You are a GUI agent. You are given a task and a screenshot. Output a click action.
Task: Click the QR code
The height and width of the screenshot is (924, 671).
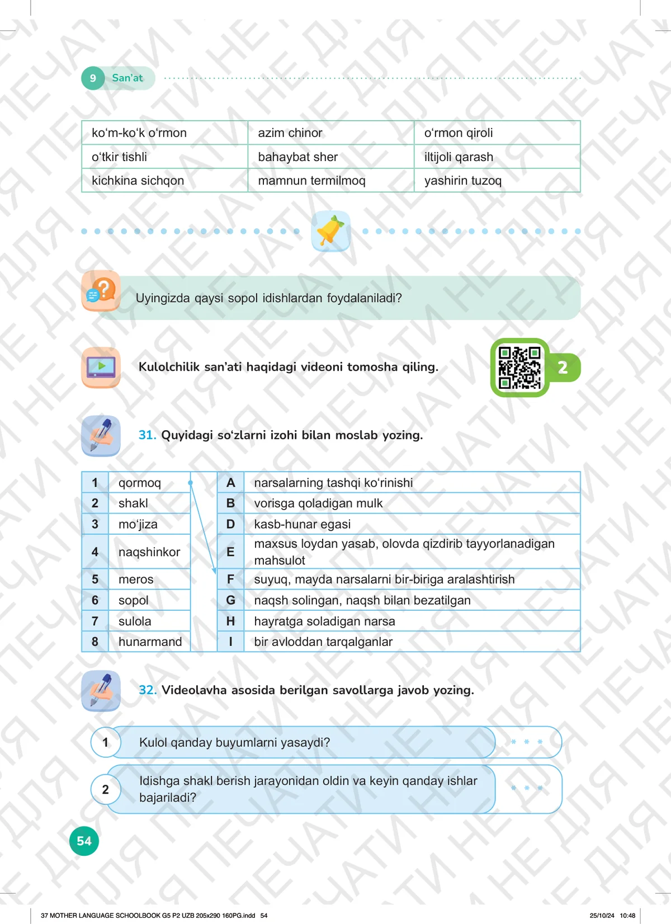pos(519,367)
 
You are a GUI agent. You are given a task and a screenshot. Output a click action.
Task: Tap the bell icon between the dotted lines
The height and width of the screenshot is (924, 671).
pos(330,231)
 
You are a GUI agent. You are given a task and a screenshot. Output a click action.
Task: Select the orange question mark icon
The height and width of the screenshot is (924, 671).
pos(101,291)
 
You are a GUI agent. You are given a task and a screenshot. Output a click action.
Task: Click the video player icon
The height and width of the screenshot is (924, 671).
pos(101,367)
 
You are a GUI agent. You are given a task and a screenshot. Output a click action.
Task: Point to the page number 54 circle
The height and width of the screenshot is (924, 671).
pos(84,841)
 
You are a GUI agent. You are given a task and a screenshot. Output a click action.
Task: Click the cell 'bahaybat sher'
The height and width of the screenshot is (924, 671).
pos(297,157)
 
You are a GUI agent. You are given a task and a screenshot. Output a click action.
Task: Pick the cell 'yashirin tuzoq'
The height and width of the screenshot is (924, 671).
pos(462,181)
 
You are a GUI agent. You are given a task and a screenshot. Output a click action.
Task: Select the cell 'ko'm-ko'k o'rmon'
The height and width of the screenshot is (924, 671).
pos(139,133)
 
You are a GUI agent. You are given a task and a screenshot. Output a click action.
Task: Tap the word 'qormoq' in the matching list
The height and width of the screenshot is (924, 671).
pos(139,483)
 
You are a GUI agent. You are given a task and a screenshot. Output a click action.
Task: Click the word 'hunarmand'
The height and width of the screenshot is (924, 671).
pos(150,642)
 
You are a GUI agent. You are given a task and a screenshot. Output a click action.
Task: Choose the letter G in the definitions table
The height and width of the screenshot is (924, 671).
pos(230,600)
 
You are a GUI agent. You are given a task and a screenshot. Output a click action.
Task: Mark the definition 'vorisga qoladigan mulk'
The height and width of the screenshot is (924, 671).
pos(318,503)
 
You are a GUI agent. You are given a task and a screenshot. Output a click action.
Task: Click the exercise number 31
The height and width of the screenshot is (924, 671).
pos(147,435)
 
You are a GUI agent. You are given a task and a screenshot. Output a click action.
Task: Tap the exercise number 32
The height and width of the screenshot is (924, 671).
pos(148,690)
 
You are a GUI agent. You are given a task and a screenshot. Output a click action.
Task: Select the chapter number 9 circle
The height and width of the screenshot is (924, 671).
pos(93,78)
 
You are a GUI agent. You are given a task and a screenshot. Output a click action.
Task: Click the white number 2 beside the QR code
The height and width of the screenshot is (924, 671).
pos(563,367)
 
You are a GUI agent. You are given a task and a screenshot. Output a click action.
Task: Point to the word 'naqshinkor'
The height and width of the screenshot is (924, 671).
pos(149,552)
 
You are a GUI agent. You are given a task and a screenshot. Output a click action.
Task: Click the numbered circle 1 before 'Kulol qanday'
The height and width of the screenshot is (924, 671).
pos(105,742)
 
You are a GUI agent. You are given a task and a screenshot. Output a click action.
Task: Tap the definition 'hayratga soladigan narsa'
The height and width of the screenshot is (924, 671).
pos(324,621)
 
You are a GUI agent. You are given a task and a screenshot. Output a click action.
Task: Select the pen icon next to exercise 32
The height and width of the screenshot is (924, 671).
pos(101,691)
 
